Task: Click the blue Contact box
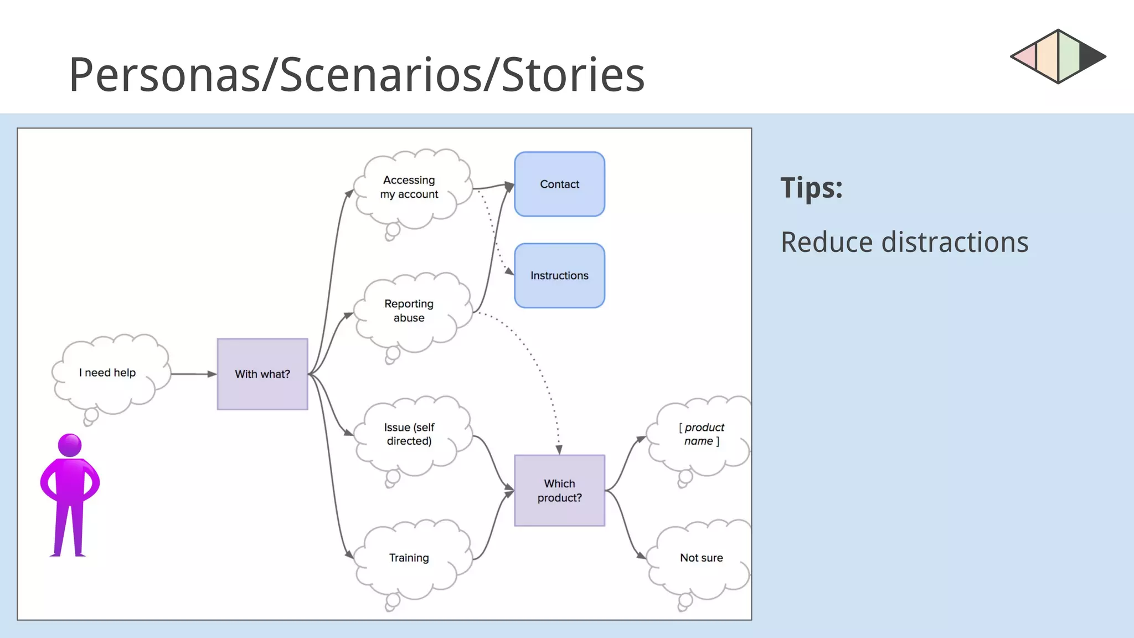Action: (x=559, y=184)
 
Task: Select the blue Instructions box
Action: (x=559, y=275)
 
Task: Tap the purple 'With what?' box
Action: (x=262, y=374)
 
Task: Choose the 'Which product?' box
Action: (x=559, y=490)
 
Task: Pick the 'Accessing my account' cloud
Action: (x=410, y=187)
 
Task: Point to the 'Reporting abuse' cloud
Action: (x=410, y=311)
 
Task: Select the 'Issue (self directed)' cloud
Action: (x=410, y=434)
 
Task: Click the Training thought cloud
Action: (x=410, y=558)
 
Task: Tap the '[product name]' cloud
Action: (x=701, y=434)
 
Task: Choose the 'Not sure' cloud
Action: (x=701, y=558)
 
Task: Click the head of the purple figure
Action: (x=70, y=445)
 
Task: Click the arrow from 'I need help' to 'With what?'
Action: (x=194, y=374)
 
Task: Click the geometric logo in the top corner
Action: (x=1058, y=56)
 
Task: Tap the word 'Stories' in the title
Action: (x=573, y=75)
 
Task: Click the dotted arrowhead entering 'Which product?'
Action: (x=559, y=449)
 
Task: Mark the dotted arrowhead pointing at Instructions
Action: (x=509, y=271)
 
